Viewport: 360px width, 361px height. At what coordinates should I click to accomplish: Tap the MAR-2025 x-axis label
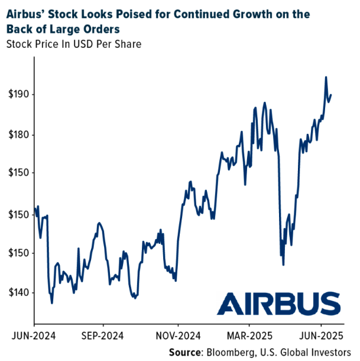pos(249,335)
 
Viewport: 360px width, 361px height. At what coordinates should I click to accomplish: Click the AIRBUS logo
pos(278,304)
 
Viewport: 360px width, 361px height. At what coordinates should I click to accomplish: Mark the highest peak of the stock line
pos(326,77)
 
